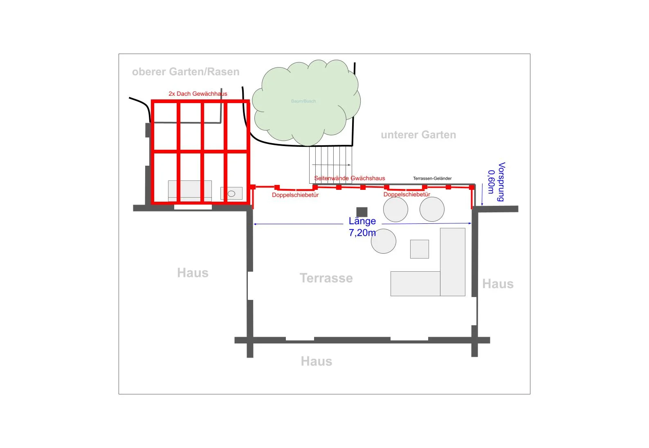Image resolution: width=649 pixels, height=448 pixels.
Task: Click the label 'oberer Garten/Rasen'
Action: [186, 72]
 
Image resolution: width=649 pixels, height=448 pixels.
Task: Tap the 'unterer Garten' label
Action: [418, 135]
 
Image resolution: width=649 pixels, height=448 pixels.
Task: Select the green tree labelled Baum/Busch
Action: [306, 103]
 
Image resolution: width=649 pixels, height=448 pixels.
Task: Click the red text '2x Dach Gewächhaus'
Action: [198, 94]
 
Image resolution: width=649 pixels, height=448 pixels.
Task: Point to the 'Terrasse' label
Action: [326, 278]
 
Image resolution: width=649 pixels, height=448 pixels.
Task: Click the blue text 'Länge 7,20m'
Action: [362, 227]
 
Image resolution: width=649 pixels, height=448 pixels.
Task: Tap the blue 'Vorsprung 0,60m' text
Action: [497, 182]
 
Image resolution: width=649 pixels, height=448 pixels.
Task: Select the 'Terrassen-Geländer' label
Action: [432, 178]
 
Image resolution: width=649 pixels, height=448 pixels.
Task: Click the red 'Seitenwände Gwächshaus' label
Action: [350, 178]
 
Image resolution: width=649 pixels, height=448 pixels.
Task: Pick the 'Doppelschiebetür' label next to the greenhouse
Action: [295, 195]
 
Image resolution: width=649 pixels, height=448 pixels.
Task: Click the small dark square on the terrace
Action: [362, 212]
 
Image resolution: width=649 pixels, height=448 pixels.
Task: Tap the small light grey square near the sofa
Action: [420, 249]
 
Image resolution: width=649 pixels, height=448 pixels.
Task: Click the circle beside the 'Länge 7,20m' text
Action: [384, 241]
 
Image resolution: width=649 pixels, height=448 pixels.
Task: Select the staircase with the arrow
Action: [330, 165]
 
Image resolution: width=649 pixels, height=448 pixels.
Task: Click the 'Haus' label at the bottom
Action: [317, 361]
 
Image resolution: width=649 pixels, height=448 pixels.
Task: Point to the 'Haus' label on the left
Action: [193, 272]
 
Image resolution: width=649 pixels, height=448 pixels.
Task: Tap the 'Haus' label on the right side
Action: [498, 284]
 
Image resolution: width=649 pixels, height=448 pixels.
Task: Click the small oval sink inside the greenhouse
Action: [231, 194]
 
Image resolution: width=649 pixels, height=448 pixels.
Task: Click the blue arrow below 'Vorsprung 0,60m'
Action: [482, 195]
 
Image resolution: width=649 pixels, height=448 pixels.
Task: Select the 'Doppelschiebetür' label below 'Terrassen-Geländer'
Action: [407, 194]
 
